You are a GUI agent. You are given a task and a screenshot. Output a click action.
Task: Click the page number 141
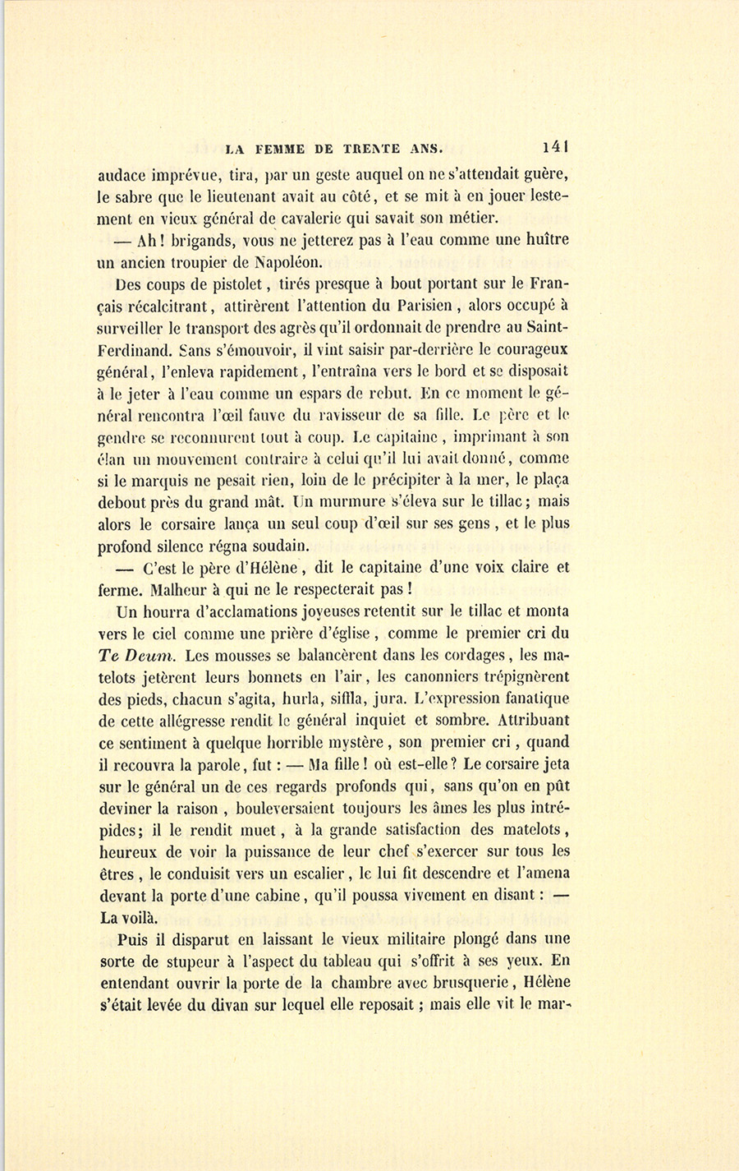[555, 147]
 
